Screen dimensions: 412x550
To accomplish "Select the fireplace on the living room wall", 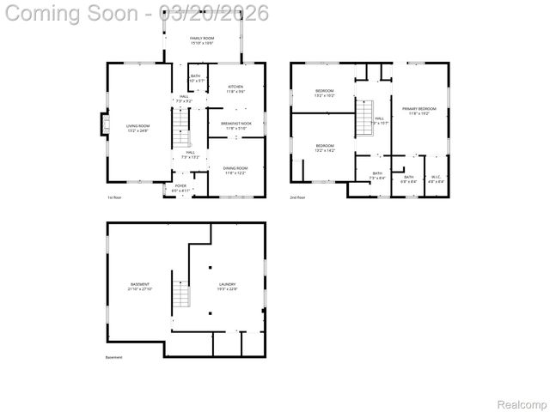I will tap(105, 125).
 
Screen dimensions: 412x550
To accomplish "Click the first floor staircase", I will tap(180, 132).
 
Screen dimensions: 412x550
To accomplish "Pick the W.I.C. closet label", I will tap(437, 179).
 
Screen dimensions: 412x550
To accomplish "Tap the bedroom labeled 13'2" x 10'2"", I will tap(324, 93).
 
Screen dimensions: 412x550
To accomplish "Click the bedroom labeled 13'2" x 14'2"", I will tap(324, 148).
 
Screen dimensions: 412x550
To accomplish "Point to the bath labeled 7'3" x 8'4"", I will tap(377, 175).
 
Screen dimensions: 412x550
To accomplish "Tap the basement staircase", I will tap(181, 297).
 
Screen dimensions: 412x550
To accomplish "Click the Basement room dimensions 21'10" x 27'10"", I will tap(140, 289).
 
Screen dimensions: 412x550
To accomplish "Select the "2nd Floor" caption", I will tap(298, 197).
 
